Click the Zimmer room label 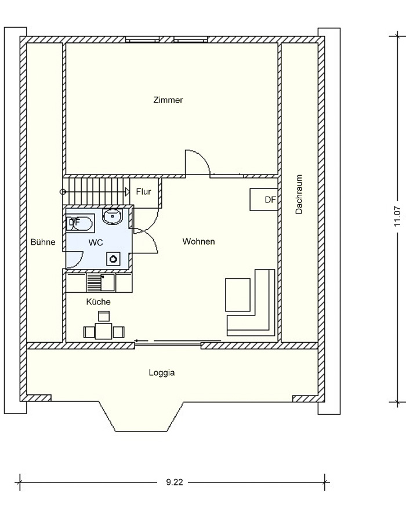(168, 100)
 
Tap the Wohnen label (198, 241)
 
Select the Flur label (143, 192)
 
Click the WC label (96, 242)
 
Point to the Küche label (98, 302)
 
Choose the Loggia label (162, 372)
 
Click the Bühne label (43, 242)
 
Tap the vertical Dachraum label (299, 194)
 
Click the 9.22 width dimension (175, 482)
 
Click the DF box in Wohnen (264, 199)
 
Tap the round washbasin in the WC (113, 216)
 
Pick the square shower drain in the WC (114, 259)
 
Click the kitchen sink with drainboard (100, 282)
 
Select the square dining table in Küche (104, 331)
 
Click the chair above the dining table (104, 316)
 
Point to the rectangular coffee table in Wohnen (238, 295)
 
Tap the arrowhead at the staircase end (128, 192)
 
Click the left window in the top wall (143, 39)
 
